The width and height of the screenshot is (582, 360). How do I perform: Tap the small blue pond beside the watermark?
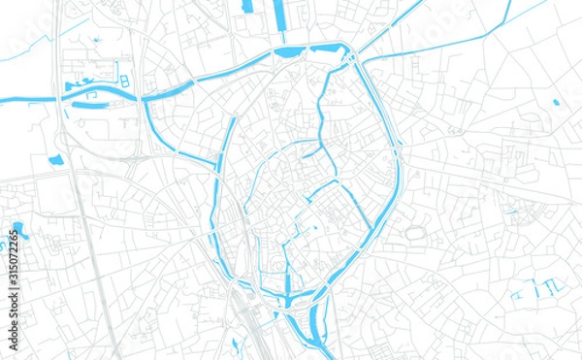tap(19, 231)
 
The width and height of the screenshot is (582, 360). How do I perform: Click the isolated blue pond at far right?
tap(556, 102)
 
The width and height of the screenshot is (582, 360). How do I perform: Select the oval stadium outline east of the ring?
tap(416, 234)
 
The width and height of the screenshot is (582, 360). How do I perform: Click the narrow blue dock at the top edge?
tap(248, 7)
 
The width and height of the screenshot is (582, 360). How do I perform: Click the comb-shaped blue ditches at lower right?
tap(537, 287)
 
